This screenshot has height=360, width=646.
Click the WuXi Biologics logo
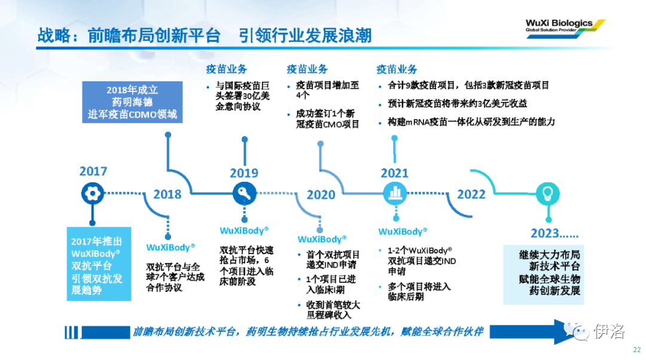pyautogui.click(x=565, y=29)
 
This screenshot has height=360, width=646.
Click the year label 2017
pyautogui.click(x=93, y=171)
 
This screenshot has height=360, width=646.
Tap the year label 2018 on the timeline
pyautogui.click(x=167, y=194)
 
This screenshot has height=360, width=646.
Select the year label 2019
pyautogui.click(x=244, y=173)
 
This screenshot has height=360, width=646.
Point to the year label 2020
pyautogui.click(x=321, y=194)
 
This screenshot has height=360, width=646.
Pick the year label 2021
pyautogui.click(x=394, y=173)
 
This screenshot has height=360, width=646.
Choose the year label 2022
pyautogui.click(x=471, y=194)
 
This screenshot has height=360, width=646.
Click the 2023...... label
pyautogui.click(x=554, y=233)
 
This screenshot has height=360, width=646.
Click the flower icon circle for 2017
pyautogui.click(x=92, y=193)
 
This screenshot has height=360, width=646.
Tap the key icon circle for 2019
pyautogui.click(x=244, y=193)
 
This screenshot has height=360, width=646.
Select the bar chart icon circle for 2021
pyautogui.click(x=395, y=193)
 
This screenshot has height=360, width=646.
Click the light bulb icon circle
pyautogui.click(x=548, y=193)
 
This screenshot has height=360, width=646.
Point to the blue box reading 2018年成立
pyautogui.click(x=132, y=102)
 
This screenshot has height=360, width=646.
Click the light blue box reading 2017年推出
pyautogui.click(x=99, y=264)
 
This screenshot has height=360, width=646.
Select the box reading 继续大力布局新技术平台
pyautogui.click(x=543, y=274)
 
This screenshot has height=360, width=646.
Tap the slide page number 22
pyautogui.click(x=636, y=350)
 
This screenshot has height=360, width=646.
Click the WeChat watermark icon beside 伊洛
pyautogui.click(x=576, y=331)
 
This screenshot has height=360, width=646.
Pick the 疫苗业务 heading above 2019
pyautogui.click(x=226, y=69)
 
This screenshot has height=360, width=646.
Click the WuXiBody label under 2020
pyautogui.click(x=322, y=239)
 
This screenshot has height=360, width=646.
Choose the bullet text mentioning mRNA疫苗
pyautogui.click(x=471, y=122)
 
